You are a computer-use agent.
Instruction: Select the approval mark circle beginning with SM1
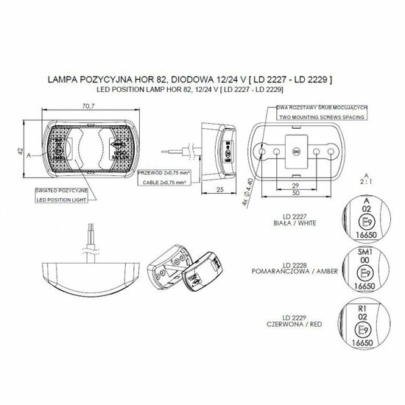click(363, 269)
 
